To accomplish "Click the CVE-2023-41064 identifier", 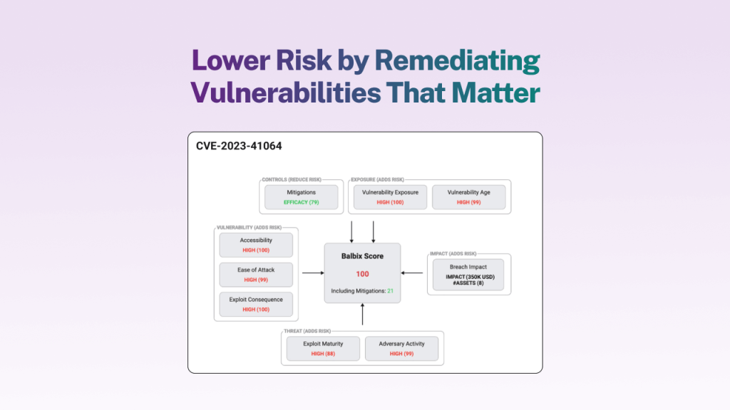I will (x=239, y=147).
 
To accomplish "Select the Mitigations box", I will (x=301, y=196).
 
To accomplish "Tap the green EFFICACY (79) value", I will (x=301, y=203).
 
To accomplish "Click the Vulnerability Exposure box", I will (x=390, y=196).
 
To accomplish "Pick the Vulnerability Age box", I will (x=468, y=196).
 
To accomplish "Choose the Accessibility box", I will (x=256, y=245).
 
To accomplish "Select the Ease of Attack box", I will (x=256, y=274).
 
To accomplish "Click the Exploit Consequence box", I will (x=256, y=304).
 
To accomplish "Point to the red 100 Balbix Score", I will (x=362, y=273).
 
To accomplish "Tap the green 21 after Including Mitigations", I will (x=391, y=291).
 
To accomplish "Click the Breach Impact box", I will (x=468, y=275).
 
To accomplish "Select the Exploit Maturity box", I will (x=322, y=348).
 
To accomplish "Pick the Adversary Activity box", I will (x=401, y=348).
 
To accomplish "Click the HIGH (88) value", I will (x=322, y=354).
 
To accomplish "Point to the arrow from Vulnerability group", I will (x=312, y=273).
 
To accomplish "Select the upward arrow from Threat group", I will (x=363, y=315).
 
